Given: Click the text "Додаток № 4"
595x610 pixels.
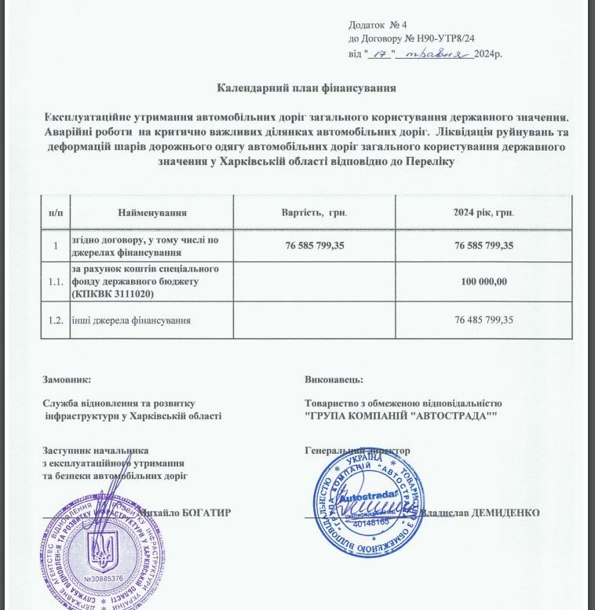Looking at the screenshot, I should coord(376,26).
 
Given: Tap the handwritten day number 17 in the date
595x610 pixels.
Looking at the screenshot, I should coord(382,54).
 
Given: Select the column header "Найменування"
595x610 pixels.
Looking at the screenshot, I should coord(152,213).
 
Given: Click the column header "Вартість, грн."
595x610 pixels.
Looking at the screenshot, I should coord(315,213).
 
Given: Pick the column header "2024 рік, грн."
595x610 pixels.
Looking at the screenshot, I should coord(484,213).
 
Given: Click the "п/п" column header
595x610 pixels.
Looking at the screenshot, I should coord(56,213).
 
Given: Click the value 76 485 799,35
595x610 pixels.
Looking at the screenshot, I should coord(484,320).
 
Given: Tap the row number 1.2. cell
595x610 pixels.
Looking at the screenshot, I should coord(56,320).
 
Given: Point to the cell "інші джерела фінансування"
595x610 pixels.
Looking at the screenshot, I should coord(132,320).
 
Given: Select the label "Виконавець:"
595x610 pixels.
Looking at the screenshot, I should coord(334,379).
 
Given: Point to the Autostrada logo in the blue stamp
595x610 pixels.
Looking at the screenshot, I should coord(367,498).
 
